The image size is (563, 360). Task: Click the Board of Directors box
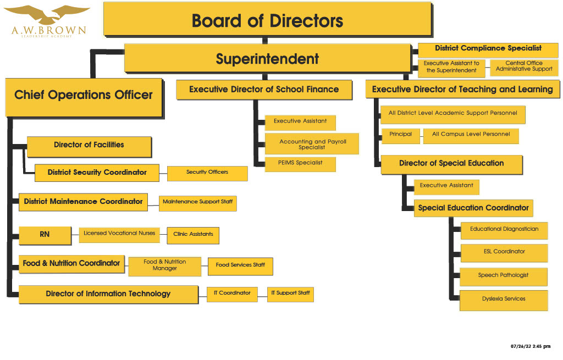268,19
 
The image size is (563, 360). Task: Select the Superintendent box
268,58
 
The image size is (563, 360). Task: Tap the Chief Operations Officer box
84,98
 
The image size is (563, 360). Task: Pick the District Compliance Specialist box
488,50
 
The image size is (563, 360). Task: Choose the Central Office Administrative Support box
524,68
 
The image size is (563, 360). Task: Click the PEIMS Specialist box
300,164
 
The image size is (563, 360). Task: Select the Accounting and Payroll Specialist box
312,144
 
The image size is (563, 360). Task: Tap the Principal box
400,136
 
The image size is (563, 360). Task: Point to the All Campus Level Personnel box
471,136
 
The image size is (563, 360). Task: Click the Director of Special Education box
452,165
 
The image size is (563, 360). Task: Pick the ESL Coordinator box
504,253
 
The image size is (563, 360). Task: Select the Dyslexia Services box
504,301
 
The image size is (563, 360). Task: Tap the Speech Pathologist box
504,276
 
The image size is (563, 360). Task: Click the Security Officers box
207,173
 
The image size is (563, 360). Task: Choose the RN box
45,235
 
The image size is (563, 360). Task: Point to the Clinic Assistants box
193,235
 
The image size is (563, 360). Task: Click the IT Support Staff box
290,294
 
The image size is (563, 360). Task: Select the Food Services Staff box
240,267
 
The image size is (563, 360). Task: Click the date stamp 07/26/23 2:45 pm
531,346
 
